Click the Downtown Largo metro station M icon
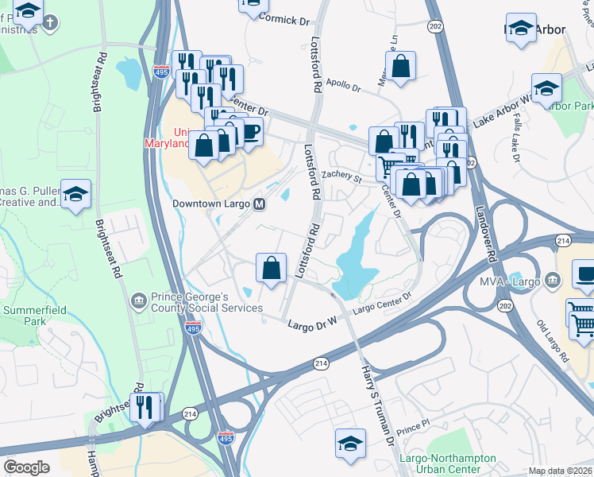tap(259, 204)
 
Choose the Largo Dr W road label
tap(313, 324)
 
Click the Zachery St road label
tap(341, 178)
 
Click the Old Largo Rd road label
tap(553, 342)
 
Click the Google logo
tap(26, 467)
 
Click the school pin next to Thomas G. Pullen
tap(75, 194)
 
